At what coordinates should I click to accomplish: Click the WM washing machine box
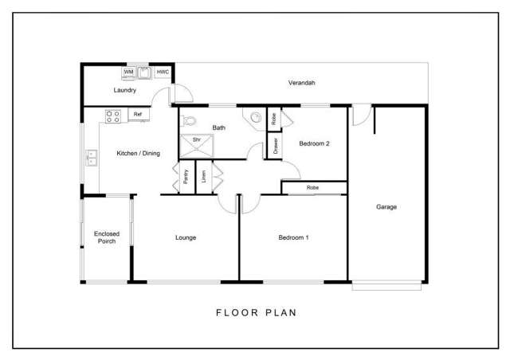click(x=128, y=73)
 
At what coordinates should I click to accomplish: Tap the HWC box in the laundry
click(x=163, y=73)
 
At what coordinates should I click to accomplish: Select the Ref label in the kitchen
click(x=138, y=115)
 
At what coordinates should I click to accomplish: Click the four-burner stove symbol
click(x=113, y=115)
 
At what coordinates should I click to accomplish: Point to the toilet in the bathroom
click(x=188, y=121)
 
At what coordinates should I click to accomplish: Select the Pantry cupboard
click(x=185, y=178)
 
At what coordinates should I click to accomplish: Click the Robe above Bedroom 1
click(x=313, y=188)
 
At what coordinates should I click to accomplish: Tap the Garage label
click(x=386, y=207)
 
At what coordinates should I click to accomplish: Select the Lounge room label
click(x=185, y=237)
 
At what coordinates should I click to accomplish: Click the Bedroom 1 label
click(x=293, y=237)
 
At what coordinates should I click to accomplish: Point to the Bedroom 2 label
click(x=314, y=144)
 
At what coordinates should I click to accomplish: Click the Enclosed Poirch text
click(x=106, y=237)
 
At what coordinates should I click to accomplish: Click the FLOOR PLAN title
click(x=256, y=312)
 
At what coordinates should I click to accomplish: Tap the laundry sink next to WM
click(x=145, y=73)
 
